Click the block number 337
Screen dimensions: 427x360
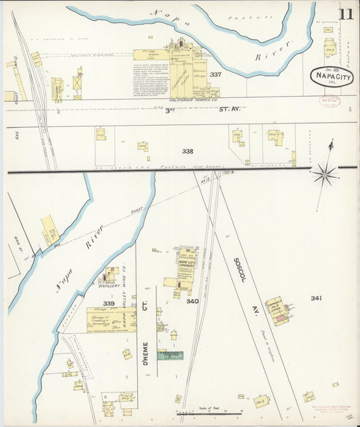pyautogui.click(x=215, y=74)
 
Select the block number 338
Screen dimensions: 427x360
pyautogui.click(x=188, y=152)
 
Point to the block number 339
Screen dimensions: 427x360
pyautogui.click(x=108, y=303)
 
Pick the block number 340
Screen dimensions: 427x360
pyautogui.click(x=192, y=301)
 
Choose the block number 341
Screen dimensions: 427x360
pyautogui.click(x=317, y=298)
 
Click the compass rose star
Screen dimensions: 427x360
pyautogui.click(x=325, y=174)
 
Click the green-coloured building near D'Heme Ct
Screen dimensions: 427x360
pyautogui.click(x=170, y=355)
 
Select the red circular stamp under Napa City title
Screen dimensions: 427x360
pyautogui.click(x=329, y=101)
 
